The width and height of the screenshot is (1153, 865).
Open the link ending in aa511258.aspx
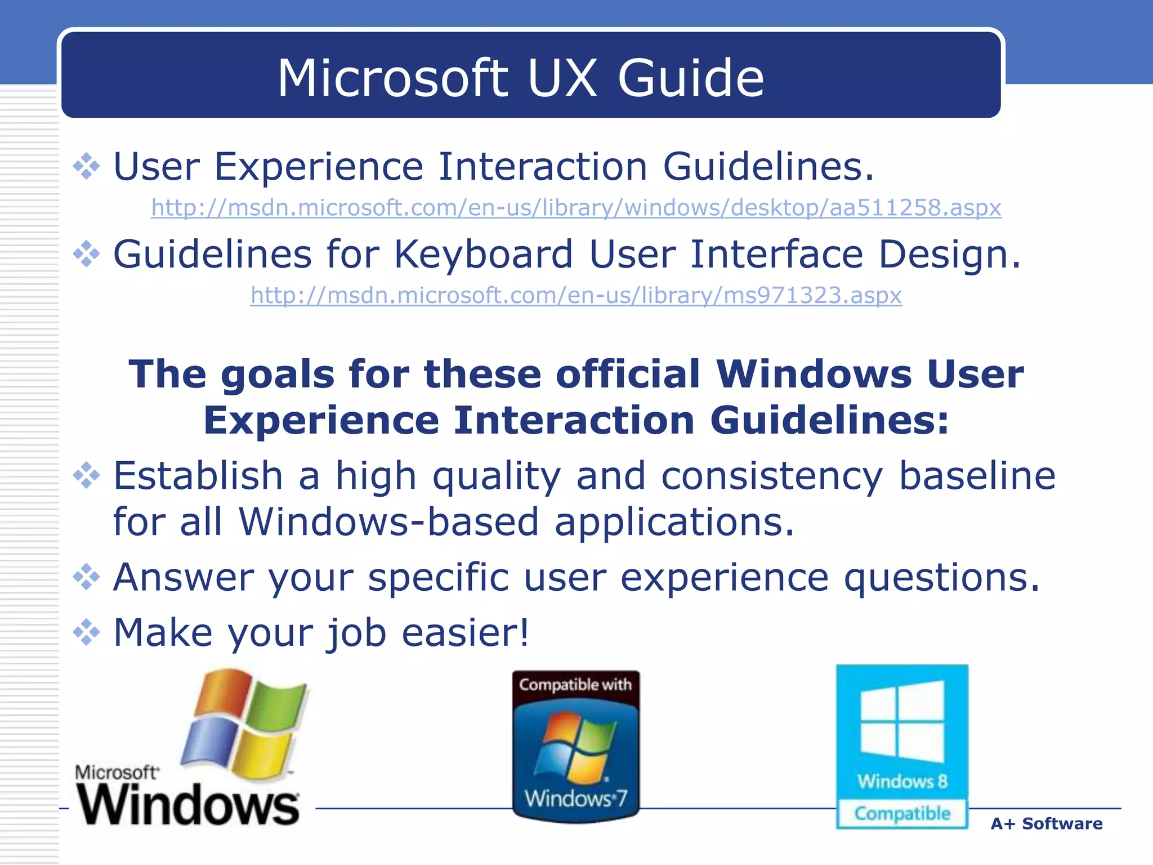click(575, 208)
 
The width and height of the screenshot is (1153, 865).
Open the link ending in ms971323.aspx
click(575, 295)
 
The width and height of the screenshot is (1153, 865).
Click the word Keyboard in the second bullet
click(483, 254)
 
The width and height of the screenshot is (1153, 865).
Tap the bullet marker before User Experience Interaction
click(86, 167)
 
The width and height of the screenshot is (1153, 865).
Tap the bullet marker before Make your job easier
click(86, 632)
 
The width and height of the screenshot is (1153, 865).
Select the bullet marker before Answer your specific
click(86, 577)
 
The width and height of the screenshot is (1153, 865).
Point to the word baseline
click(977, 476)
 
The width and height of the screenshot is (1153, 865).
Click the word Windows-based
click(388, 521)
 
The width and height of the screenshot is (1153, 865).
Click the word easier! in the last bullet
click(465, 632)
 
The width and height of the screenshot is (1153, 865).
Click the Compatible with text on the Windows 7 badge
click(575, 685)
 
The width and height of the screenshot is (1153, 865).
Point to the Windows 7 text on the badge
click(575, 799)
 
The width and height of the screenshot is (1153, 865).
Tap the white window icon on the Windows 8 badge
click(902, 721)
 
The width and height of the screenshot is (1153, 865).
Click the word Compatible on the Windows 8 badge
click(902, 814)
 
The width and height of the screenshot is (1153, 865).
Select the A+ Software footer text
click(1046, 824)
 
